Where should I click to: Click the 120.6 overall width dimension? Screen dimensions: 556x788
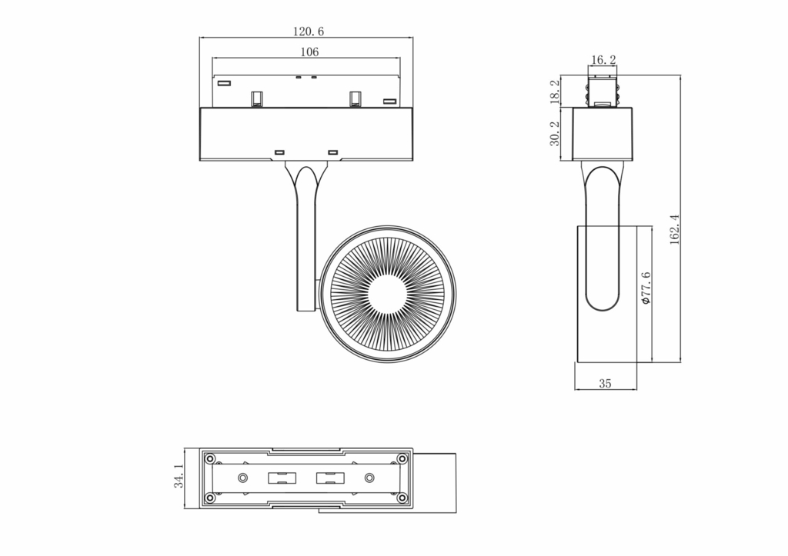pos(308,32)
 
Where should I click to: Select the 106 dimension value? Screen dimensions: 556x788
pos(309,52)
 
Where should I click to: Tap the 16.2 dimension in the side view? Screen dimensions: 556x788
pos(603,60)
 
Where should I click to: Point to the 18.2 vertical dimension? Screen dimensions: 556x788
pos(554,92)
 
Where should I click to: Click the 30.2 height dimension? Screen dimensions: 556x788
pos(554,133)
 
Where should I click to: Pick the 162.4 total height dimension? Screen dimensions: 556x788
pos(674,229)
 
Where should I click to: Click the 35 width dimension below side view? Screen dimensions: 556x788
pos(605,383)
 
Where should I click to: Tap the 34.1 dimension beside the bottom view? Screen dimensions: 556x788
pos(179,477)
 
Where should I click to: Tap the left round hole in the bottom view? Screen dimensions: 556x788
pos(243,478)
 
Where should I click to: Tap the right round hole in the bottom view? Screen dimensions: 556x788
pos(369,478)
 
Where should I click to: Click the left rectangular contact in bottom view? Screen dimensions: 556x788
pos(282,478)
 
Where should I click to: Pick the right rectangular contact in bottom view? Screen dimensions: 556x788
pos(331,478)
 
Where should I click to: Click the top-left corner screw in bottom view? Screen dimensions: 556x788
pos(209,458)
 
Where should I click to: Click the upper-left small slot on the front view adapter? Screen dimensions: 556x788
pos(224,82)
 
